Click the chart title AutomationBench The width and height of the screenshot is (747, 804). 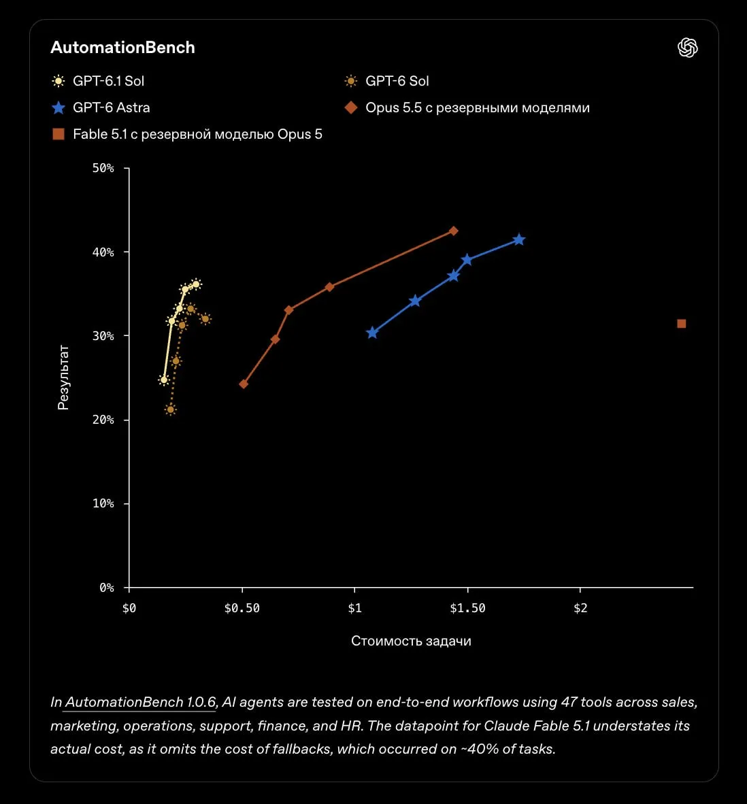click(122, 47)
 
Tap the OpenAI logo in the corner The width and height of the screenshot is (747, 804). click(688, 48)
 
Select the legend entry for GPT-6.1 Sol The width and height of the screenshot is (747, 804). click(98, 81)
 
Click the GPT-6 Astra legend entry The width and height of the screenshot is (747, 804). click(101, 107)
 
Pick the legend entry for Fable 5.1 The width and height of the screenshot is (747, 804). click(187, 135)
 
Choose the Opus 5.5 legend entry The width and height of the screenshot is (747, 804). click(467, 107)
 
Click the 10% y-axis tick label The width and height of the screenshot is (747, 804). click(103, 503)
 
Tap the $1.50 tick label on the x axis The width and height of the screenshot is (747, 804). click(467, 608)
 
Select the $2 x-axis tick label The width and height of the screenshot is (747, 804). click(580, 608)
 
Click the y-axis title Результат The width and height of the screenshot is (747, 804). click(63, 378)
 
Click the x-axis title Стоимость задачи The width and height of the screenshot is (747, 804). click(411, 641)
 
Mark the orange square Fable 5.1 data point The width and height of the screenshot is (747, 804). click(682, 324)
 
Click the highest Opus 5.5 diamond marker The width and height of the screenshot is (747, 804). click(453, 231)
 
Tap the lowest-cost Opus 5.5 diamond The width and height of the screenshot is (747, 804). click(244, 384)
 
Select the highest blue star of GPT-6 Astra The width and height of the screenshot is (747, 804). click(519, 239)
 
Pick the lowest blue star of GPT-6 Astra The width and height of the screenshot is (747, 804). click(372, 333)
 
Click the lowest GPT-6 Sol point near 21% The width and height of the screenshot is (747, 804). click(171, 409)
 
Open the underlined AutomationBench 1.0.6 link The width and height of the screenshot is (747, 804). click(140, 702)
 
